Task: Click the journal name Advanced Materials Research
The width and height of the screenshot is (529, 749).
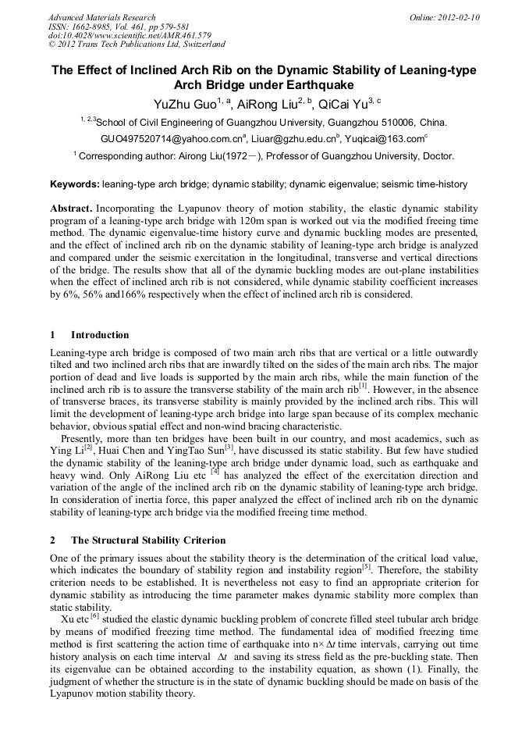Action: tap(101, 17)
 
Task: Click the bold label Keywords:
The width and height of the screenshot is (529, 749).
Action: tap(75, 184)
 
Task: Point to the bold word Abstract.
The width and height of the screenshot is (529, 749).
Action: tap(71, 209)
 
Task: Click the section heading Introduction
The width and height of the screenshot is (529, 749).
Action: tap(100, 334)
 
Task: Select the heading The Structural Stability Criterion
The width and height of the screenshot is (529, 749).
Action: tap(148, 540)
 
